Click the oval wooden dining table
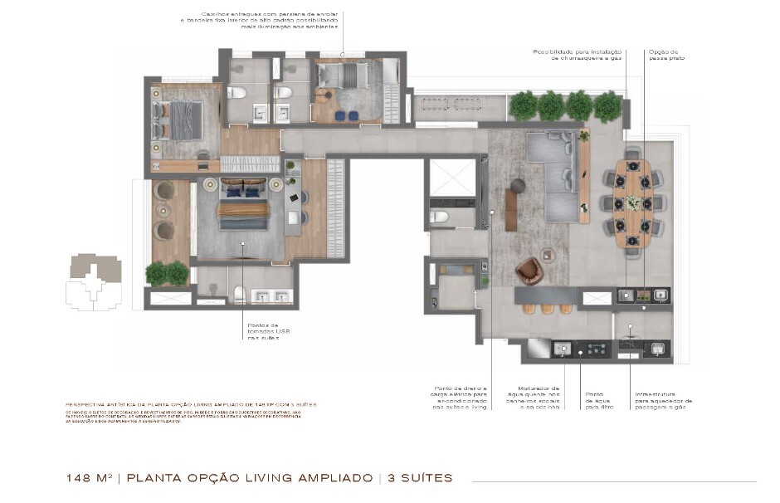(633, 201)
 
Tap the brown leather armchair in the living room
(529, 271)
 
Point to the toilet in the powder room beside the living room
(439, 217)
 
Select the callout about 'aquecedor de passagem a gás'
(663, 401)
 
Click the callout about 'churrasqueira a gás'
(577, 54)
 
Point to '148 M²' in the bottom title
(90, 478)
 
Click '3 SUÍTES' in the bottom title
(420, 478)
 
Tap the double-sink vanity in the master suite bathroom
(271, 296)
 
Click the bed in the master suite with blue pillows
(243, 204)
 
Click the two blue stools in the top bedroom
(349, 115)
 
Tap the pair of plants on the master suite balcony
(167, 272)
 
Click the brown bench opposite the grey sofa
(511, 209)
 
